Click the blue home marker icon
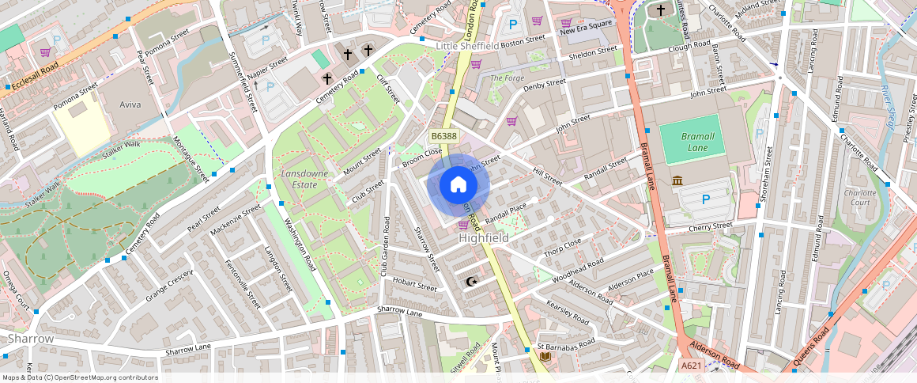coord(458,185)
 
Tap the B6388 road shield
coord(444,136)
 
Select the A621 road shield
coord(691,365)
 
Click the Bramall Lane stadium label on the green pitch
coord(697,142)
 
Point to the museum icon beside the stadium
coord(677,181)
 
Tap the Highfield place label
coord(483,237)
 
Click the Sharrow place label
coord(31,339)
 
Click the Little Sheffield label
coord(468,47)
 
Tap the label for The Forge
coord(507,78)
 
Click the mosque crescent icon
coord(473,281)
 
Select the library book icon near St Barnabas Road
coord(545,356)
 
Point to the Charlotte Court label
coord(860,197)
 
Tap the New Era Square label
coord(586,31)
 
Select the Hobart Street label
coord(414,286)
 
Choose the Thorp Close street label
coord(562,247)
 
